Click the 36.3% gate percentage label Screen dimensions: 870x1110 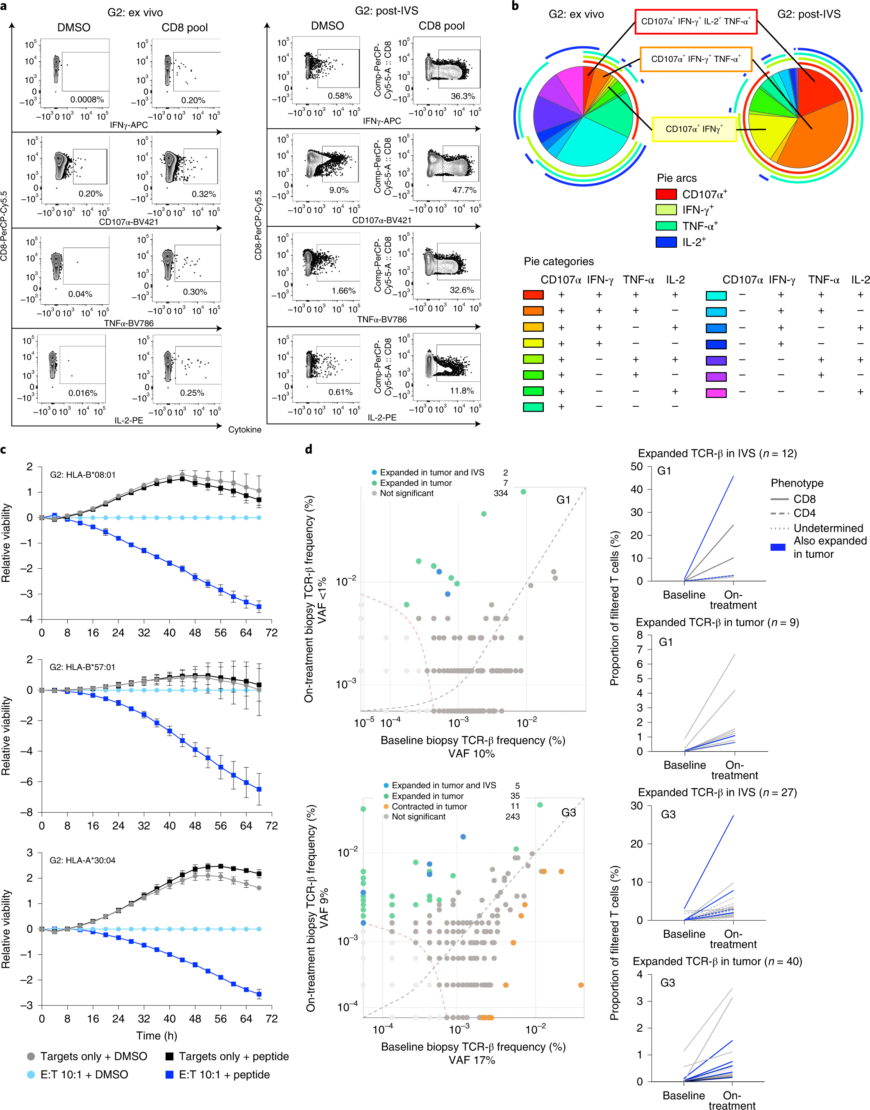(x=463, y=96)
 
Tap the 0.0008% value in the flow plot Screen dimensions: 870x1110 (x=87, y=99)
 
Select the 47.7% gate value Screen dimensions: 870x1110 (x=464, y=190)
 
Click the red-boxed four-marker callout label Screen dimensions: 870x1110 (x=696, y=21)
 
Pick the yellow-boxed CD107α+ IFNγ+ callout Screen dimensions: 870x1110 (x=694, y=129)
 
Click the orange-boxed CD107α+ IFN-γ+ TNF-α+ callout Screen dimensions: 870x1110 (x=696, y=59)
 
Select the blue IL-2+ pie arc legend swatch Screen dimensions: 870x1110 (x=666, y=242)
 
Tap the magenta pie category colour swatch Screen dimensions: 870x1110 (x=716, y=393)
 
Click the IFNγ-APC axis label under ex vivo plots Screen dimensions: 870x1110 (x=128, y=125)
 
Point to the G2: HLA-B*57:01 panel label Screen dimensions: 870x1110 (x=82, y=667)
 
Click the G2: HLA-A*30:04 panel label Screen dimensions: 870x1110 (x=82, y=860)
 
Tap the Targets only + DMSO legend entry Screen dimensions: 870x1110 (x=86, y=1056)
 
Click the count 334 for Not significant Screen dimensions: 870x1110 (x=501, y=493)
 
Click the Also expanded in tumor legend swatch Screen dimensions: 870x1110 (x=778, y=547)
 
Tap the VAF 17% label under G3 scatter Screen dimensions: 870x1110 (x=472, y=1060)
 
